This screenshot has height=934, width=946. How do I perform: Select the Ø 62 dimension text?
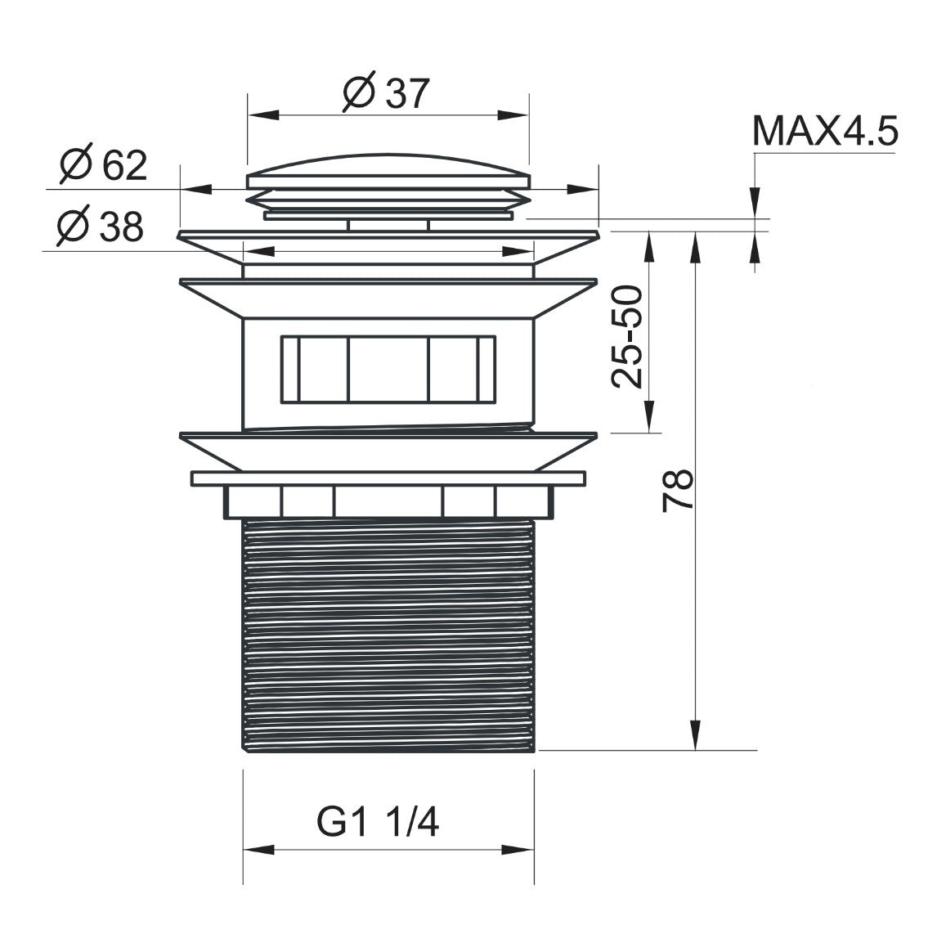pyautogui.click(x=104, y=166)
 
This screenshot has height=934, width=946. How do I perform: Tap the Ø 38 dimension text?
pyautogui.click(x=100, y=227)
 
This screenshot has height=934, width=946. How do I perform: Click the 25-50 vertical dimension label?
pyautogui.click(x=629, y=336)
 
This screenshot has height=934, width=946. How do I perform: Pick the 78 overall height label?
pyautogui.click(x=678, y=490)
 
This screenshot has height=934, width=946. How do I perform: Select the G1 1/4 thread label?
pyautogui.click(x=378, y=823)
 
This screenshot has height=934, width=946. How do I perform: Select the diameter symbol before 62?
pyautogui.click(x=75, y=166)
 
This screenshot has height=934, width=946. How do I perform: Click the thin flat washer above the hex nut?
pyautogui.click(x=388, y=478)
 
